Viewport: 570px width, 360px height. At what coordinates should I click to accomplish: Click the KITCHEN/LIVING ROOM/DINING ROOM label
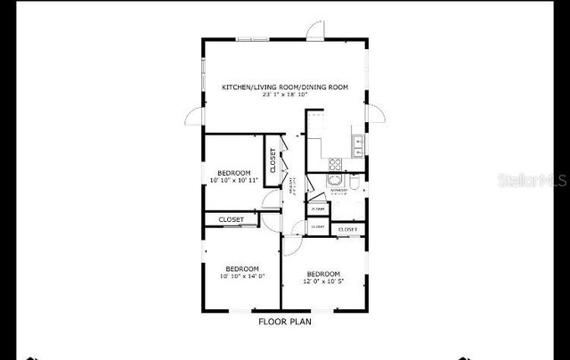coord(284,86)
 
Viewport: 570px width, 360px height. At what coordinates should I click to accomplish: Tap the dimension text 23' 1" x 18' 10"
coord(284,94)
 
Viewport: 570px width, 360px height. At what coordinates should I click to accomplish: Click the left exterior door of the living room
coord(195,117)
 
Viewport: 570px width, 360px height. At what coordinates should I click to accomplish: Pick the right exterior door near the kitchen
coord(375,114)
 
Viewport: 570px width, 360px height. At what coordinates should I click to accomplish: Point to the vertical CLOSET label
coord(273,160)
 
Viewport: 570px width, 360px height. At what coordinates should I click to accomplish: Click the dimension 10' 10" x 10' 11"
coord(233,180)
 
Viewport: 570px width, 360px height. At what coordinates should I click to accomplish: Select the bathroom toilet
coord(354,184)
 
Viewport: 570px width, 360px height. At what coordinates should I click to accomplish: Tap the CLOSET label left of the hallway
coord(232,219)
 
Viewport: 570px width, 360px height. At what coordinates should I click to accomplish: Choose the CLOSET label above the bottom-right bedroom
coord(347,230)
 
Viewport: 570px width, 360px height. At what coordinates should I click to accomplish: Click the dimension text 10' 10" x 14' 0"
coord(241,276)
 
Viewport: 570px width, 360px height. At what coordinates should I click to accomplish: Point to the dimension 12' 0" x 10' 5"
coord(322,281)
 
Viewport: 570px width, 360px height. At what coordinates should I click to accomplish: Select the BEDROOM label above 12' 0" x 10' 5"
coord(322,273)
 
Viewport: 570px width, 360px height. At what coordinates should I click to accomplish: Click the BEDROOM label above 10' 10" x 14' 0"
coord(241,268)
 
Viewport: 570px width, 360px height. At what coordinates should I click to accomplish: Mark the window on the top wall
coord(252,38)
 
